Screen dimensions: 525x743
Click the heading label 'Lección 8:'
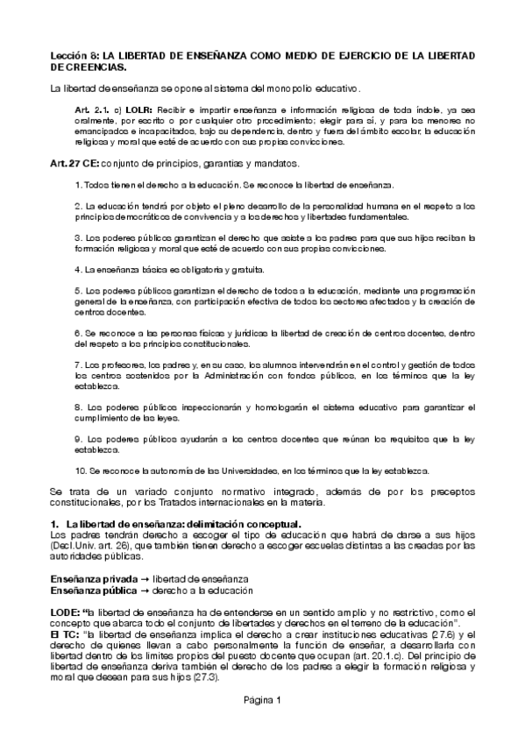tap(73, 55)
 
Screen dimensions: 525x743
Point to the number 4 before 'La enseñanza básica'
tap(77, 270)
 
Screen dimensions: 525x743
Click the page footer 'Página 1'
tap(262, 699)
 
